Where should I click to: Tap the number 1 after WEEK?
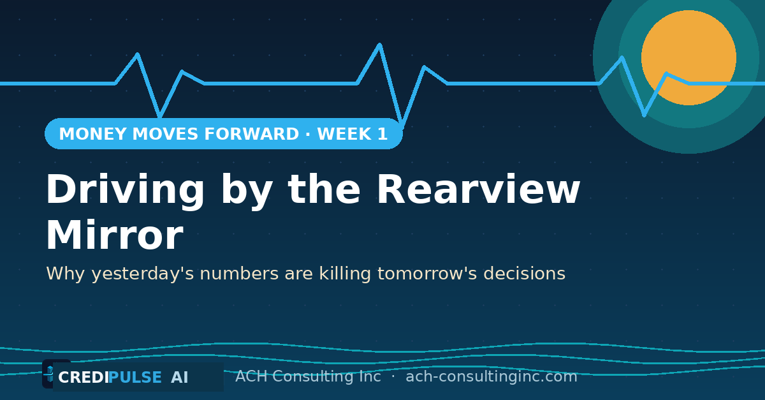click(x=382, y=134)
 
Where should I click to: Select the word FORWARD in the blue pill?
click(x=251, y=134)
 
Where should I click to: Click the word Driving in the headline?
click(x=125, y=190)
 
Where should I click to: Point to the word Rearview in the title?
click(x=478, y=189)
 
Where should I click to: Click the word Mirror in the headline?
click(x=115, y=235)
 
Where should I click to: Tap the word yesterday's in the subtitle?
click(x=143, y=274)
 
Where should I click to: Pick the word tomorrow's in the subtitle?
click(x=427, y=274)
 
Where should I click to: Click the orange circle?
click(x=688, y=58)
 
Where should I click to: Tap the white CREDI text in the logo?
click(x=84, y=378)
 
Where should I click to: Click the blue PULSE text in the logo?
click(x=135, y=378)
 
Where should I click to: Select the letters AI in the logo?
click(x=180, y=378)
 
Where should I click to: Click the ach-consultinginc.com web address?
click(x=491, y=377)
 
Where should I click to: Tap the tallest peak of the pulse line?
click(x=379, y=44)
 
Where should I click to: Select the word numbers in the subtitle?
click(x=239, y=274)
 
